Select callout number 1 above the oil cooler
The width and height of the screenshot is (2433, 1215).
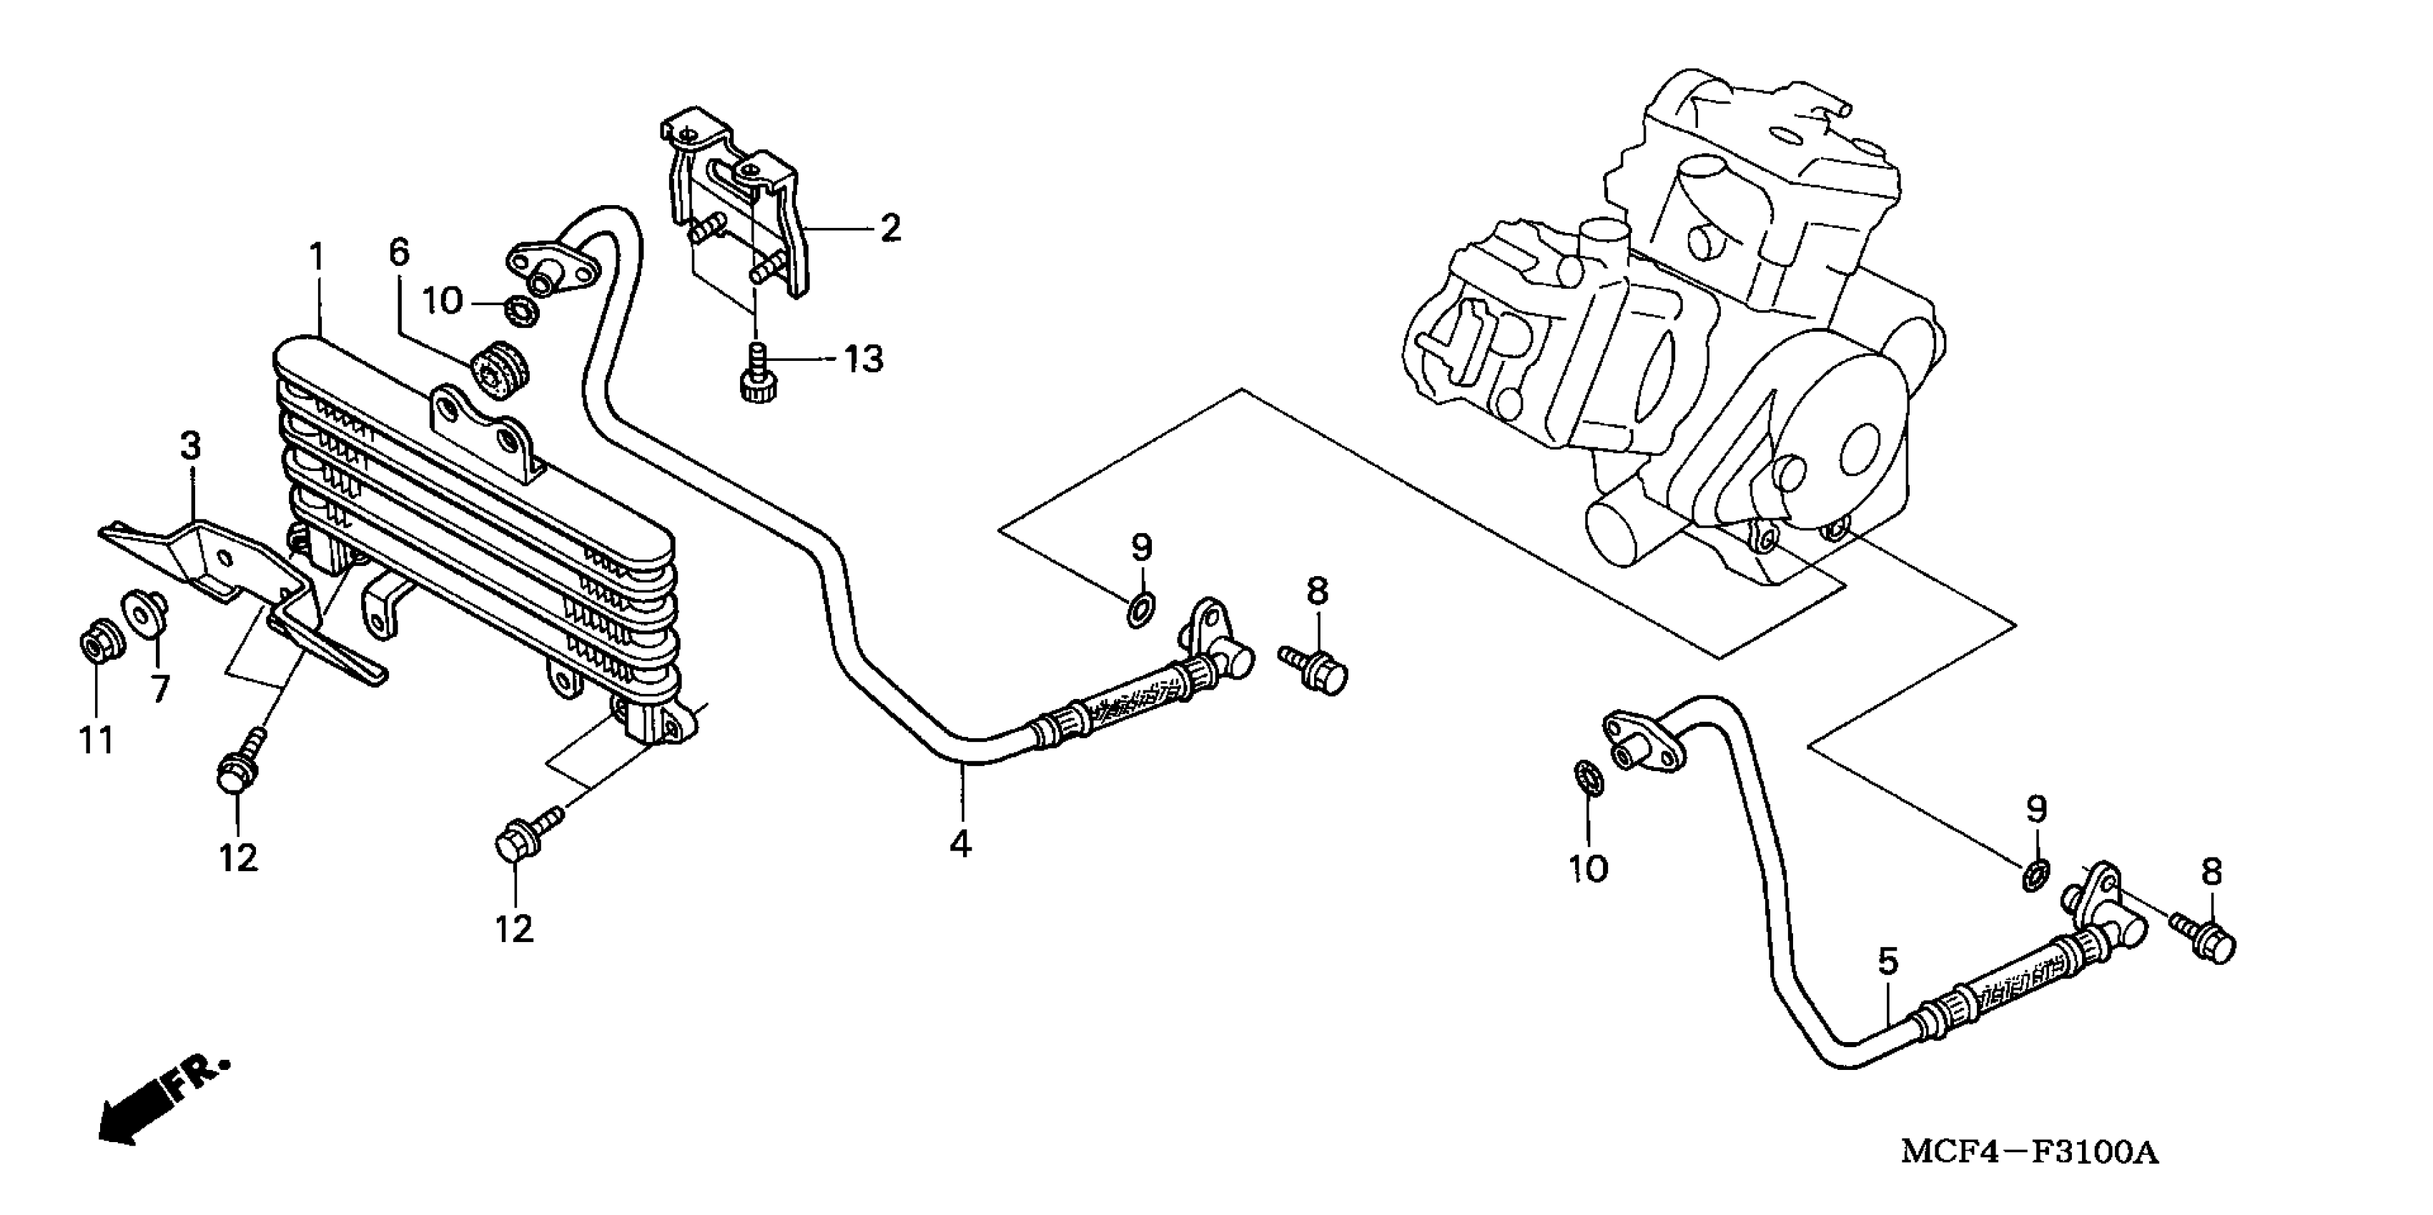pyautogui.click(x=317, y=257)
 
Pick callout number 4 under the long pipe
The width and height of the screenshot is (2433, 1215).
pyautogui.click(x=960, y=843)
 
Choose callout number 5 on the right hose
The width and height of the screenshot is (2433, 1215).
pyautogui.click(x=1886, y=963)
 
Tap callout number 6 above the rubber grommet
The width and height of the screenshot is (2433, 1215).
pyautogui.click(x=400, y=252)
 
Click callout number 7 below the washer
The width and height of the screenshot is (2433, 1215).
pyautogui.click(x=161, y=688)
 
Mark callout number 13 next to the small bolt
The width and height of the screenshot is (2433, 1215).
pyautogui.click(x=862, y=359)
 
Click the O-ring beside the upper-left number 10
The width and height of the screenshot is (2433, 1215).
pyautogui.click(x=520, y=308)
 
